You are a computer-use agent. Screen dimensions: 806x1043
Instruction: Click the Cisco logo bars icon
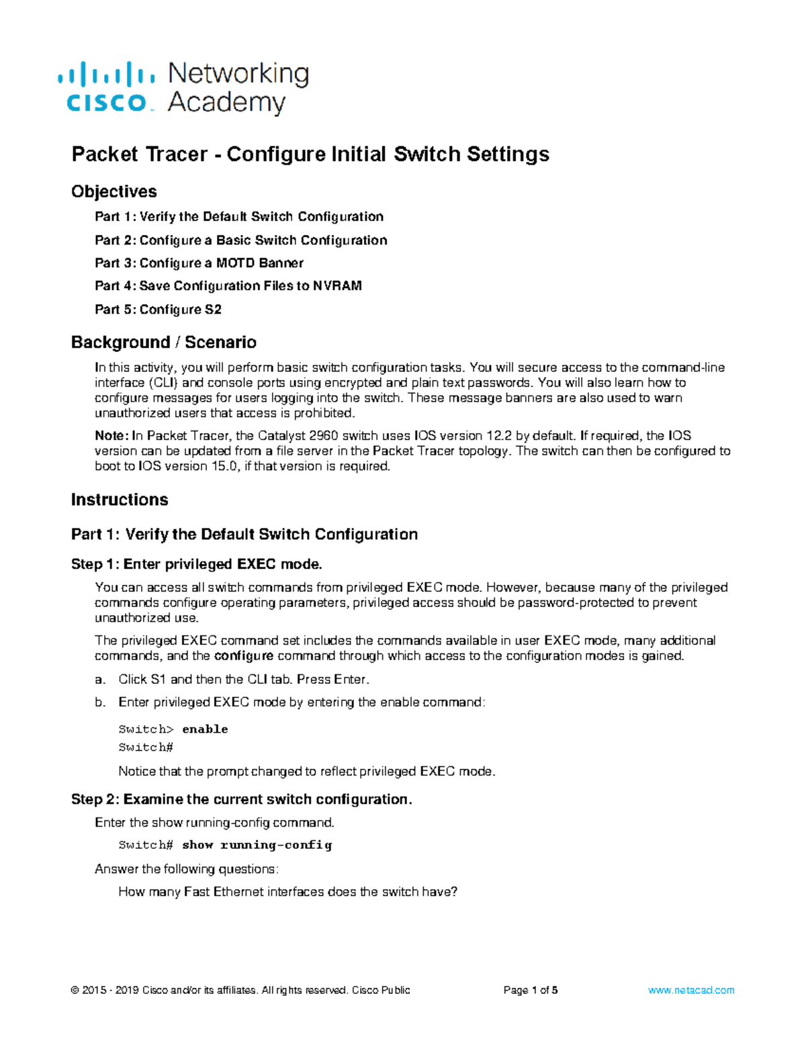(x=106, y=73)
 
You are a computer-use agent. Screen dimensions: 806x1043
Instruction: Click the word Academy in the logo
(x=226, y=103)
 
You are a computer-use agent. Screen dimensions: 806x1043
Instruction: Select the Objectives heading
(x=114, y=191)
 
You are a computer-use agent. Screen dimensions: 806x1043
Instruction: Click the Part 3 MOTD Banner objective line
(x=199, y=263)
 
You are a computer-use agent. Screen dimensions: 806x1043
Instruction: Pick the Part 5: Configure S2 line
(x=158, y=309)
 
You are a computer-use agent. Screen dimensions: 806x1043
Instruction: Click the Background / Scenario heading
(x=163, y=342)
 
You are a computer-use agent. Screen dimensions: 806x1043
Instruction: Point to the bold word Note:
(x=111, y=435)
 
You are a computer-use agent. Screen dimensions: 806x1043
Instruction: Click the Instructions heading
(x=120, y=500)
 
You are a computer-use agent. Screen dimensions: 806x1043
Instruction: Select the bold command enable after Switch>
(x=205, y=729)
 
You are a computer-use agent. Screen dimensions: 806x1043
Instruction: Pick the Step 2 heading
(x=241, y=799)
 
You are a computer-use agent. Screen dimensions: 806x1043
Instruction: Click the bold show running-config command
(x=257, y=845)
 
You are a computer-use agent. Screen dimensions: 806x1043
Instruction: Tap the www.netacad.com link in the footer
(x=691, y=990)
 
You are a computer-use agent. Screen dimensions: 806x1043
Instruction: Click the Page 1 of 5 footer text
(x=531, y=990)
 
